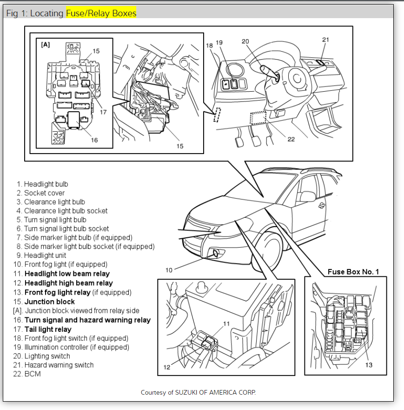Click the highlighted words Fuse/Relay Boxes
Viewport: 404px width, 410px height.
pyautogui.click(x=101, y=13)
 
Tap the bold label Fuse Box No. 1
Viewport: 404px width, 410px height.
pyautogui.click(x=353, y=272)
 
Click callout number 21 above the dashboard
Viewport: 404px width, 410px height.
pyautogui.click(x=325, y=40)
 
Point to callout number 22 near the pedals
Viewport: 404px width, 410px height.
pyautogui.click(x=291, y=139)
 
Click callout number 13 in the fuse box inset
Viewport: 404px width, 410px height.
pyautogui.click(x=369, y=365)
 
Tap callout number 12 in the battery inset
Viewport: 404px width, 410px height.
pyautogui.click(x=167, y=367)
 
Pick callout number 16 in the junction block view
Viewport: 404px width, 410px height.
pyautogui.click(x=94, y=140)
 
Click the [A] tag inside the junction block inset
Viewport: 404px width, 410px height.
pyautogui.click(x=46, y=45)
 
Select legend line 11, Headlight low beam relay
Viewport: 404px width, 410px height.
pyautogui.click(x=67, y=274)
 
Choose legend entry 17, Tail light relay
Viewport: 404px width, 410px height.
pyautogui.click(x=48, y=329)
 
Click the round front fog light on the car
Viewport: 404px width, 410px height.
pyautogui.click(x=216, y=254)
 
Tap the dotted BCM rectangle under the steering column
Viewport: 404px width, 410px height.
pyautogui.click(x=258, y=118)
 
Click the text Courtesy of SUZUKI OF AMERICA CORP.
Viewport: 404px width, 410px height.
pyautogui.click(x=198, y=392)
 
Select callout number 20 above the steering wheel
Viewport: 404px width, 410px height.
pyautogui.click(x=245, y=41)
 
